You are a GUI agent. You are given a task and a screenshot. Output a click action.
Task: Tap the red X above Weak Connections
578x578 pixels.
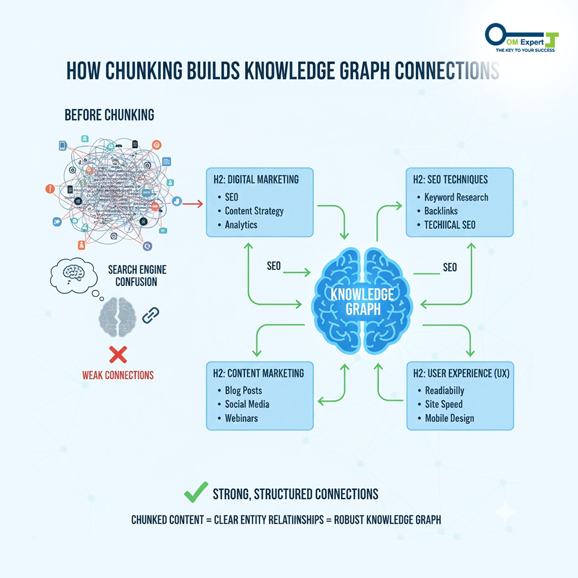[x=117, y=354]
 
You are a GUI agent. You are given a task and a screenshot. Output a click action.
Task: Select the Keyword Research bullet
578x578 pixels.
[x=456, y=197]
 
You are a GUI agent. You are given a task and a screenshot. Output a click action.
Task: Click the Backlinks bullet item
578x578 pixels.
[x=441, y=211]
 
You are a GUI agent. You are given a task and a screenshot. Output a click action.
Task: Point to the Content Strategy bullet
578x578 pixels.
[x=254, y=211]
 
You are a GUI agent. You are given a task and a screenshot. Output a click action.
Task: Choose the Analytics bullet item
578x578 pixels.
[x=241, y=225]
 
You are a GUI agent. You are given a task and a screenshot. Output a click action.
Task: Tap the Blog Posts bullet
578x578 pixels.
[x=243, y=391]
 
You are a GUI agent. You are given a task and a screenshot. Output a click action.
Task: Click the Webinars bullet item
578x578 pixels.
[x=241, y=418]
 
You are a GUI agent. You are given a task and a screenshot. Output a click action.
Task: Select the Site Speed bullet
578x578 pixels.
[x=444, y=404]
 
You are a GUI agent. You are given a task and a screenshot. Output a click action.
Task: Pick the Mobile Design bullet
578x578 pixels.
[x=449, y=418]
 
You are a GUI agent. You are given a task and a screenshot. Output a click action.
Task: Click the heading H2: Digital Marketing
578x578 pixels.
[x=256, y=180]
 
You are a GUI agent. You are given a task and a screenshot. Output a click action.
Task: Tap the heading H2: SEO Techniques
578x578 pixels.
[x=450, y=180]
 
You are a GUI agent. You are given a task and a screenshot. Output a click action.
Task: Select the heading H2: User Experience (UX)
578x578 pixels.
[x=459, y=373]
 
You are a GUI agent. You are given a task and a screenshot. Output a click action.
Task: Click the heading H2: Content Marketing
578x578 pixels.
[x=259, y=373]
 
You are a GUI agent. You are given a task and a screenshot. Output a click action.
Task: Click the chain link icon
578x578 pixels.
[x=150, y=315]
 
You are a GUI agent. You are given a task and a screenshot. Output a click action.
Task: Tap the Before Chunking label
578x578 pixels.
[x=109, y=115]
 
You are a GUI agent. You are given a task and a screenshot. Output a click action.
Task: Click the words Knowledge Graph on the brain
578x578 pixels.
[x=362, y=301]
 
